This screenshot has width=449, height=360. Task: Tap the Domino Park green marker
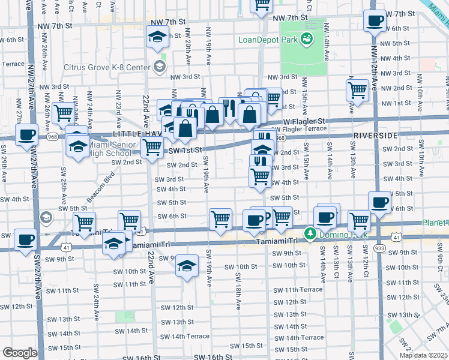coord(310,233)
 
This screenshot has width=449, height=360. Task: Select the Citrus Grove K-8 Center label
coord(118,63)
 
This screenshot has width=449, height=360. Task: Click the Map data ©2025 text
coord(423,355)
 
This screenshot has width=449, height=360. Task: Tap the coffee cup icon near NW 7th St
coord(375,20)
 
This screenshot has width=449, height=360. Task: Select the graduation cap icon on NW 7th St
coord(157,37)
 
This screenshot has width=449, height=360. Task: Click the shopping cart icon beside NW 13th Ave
coord(358,90)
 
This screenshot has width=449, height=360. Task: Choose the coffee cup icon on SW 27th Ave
coord(26,134)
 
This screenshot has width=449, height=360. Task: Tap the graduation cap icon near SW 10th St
coord(187,265)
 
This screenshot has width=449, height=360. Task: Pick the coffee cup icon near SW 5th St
coord(379,203)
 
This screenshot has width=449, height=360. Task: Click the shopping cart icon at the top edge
coord(261,5)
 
